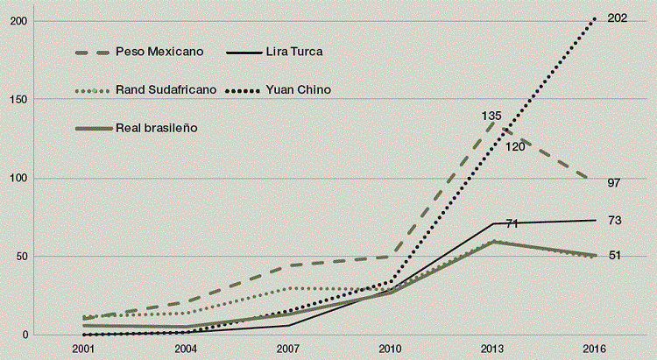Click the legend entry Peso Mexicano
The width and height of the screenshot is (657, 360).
(x=159, y=52)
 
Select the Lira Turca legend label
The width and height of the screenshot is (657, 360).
(x=289, y=52)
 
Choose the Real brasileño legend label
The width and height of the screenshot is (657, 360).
(x=156, y=128)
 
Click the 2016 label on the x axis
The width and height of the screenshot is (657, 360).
(x=596, y=349)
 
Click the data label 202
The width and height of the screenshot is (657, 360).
(x=617, y=18)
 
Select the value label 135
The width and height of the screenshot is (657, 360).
(x=491, y=115)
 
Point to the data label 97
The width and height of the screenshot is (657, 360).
(x=613, y=183)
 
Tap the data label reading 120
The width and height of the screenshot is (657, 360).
(x=514, y=146)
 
